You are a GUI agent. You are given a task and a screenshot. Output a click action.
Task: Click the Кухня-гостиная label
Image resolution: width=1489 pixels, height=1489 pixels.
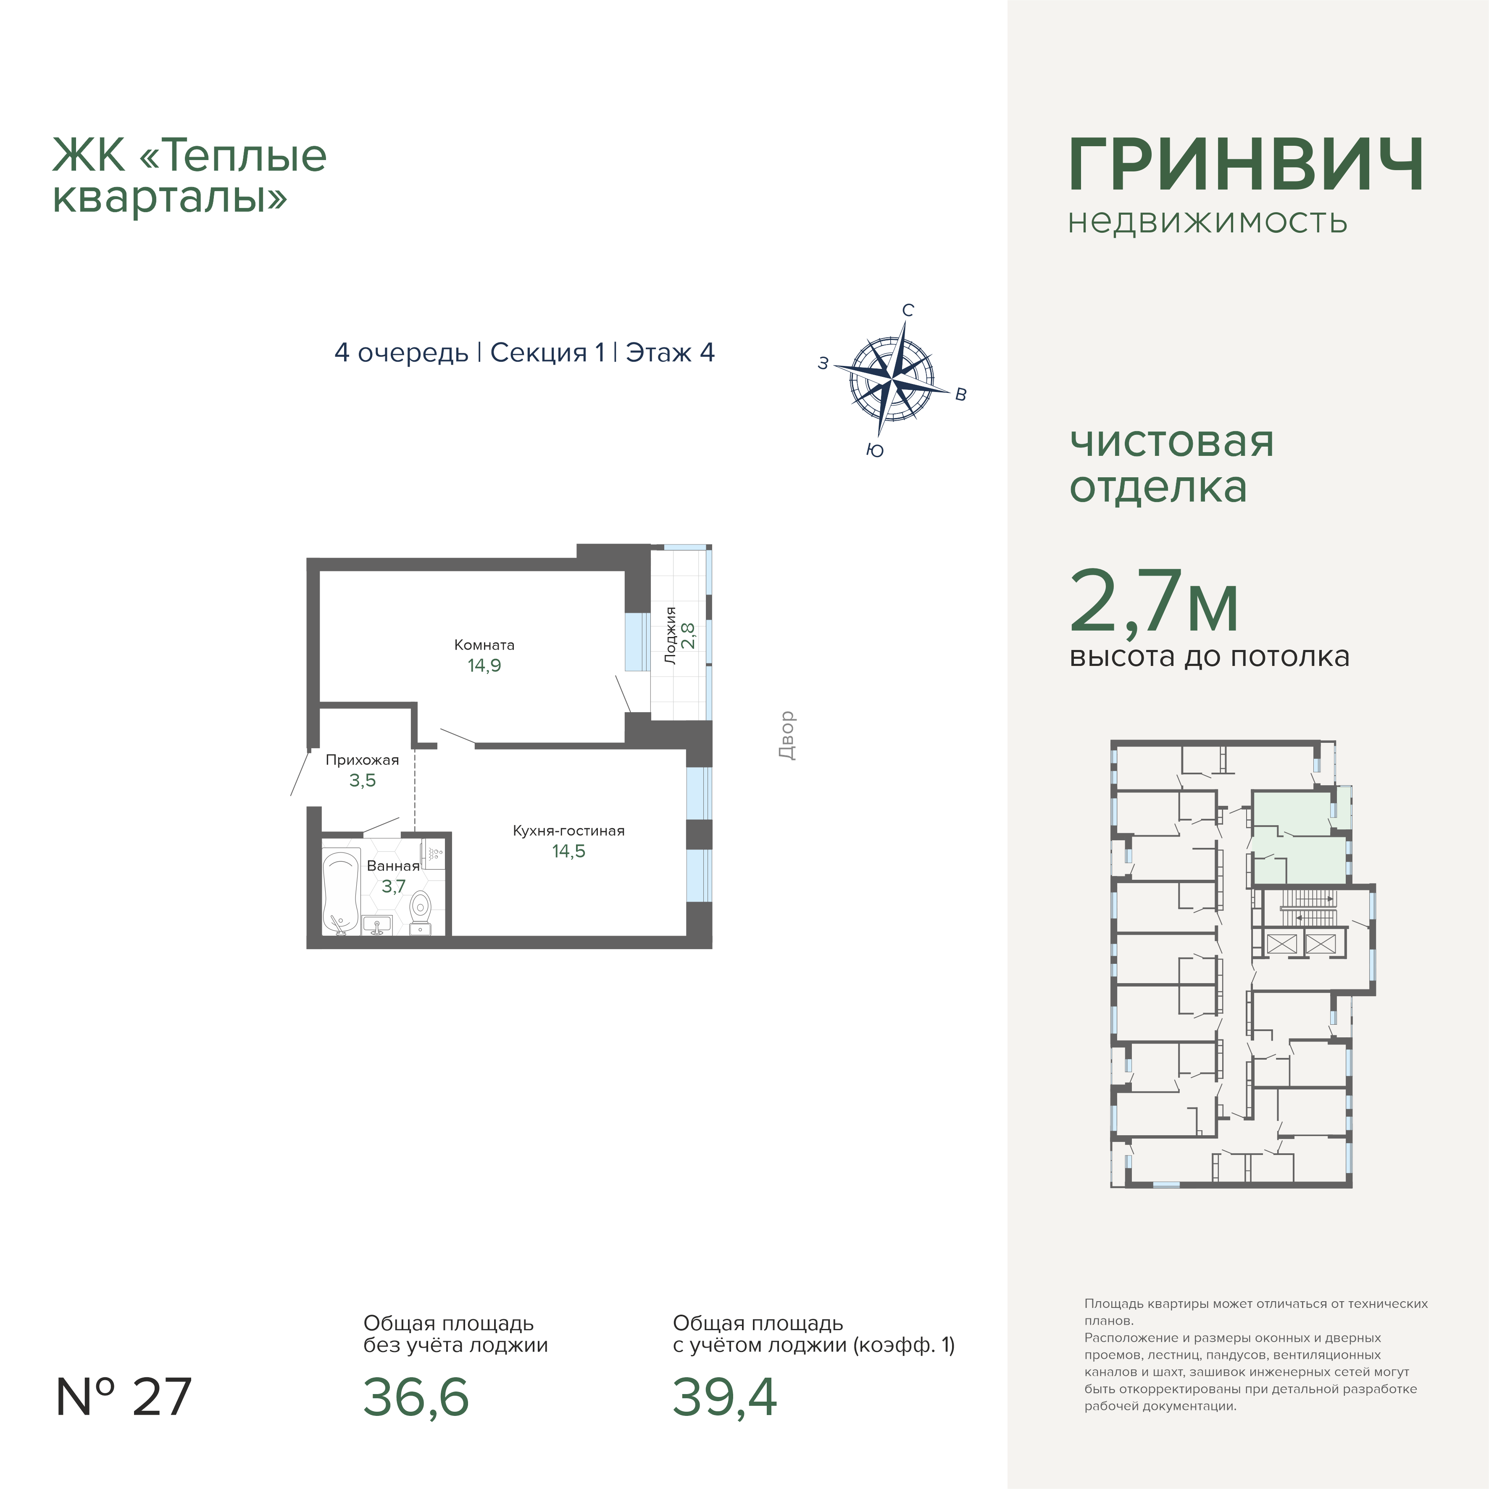569,831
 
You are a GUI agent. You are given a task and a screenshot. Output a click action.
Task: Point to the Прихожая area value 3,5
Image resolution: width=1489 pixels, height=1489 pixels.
362,781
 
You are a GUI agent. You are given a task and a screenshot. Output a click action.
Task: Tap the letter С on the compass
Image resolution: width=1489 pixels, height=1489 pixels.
908,310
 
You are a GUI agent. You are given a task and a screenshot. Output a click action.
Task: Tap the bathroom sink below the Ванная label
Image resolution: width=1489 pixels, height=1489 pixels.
377,925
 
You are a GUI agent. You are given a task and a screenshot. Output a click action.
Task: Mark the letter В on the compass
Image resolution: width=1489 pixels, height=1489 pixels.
960,395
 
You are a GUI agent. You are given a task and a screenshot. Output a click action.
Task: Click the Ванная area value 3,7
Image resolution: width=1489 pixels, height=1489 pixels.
393,887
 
